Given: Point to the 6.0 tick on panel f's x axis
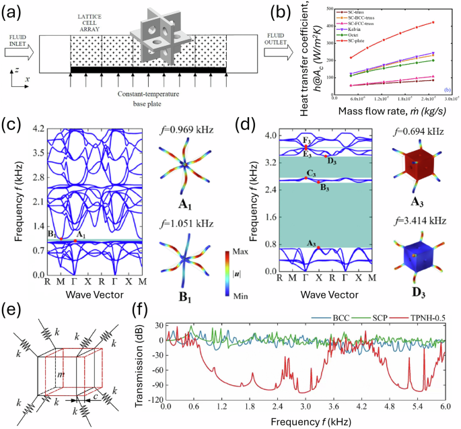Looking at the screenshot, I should pos(445,407).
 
